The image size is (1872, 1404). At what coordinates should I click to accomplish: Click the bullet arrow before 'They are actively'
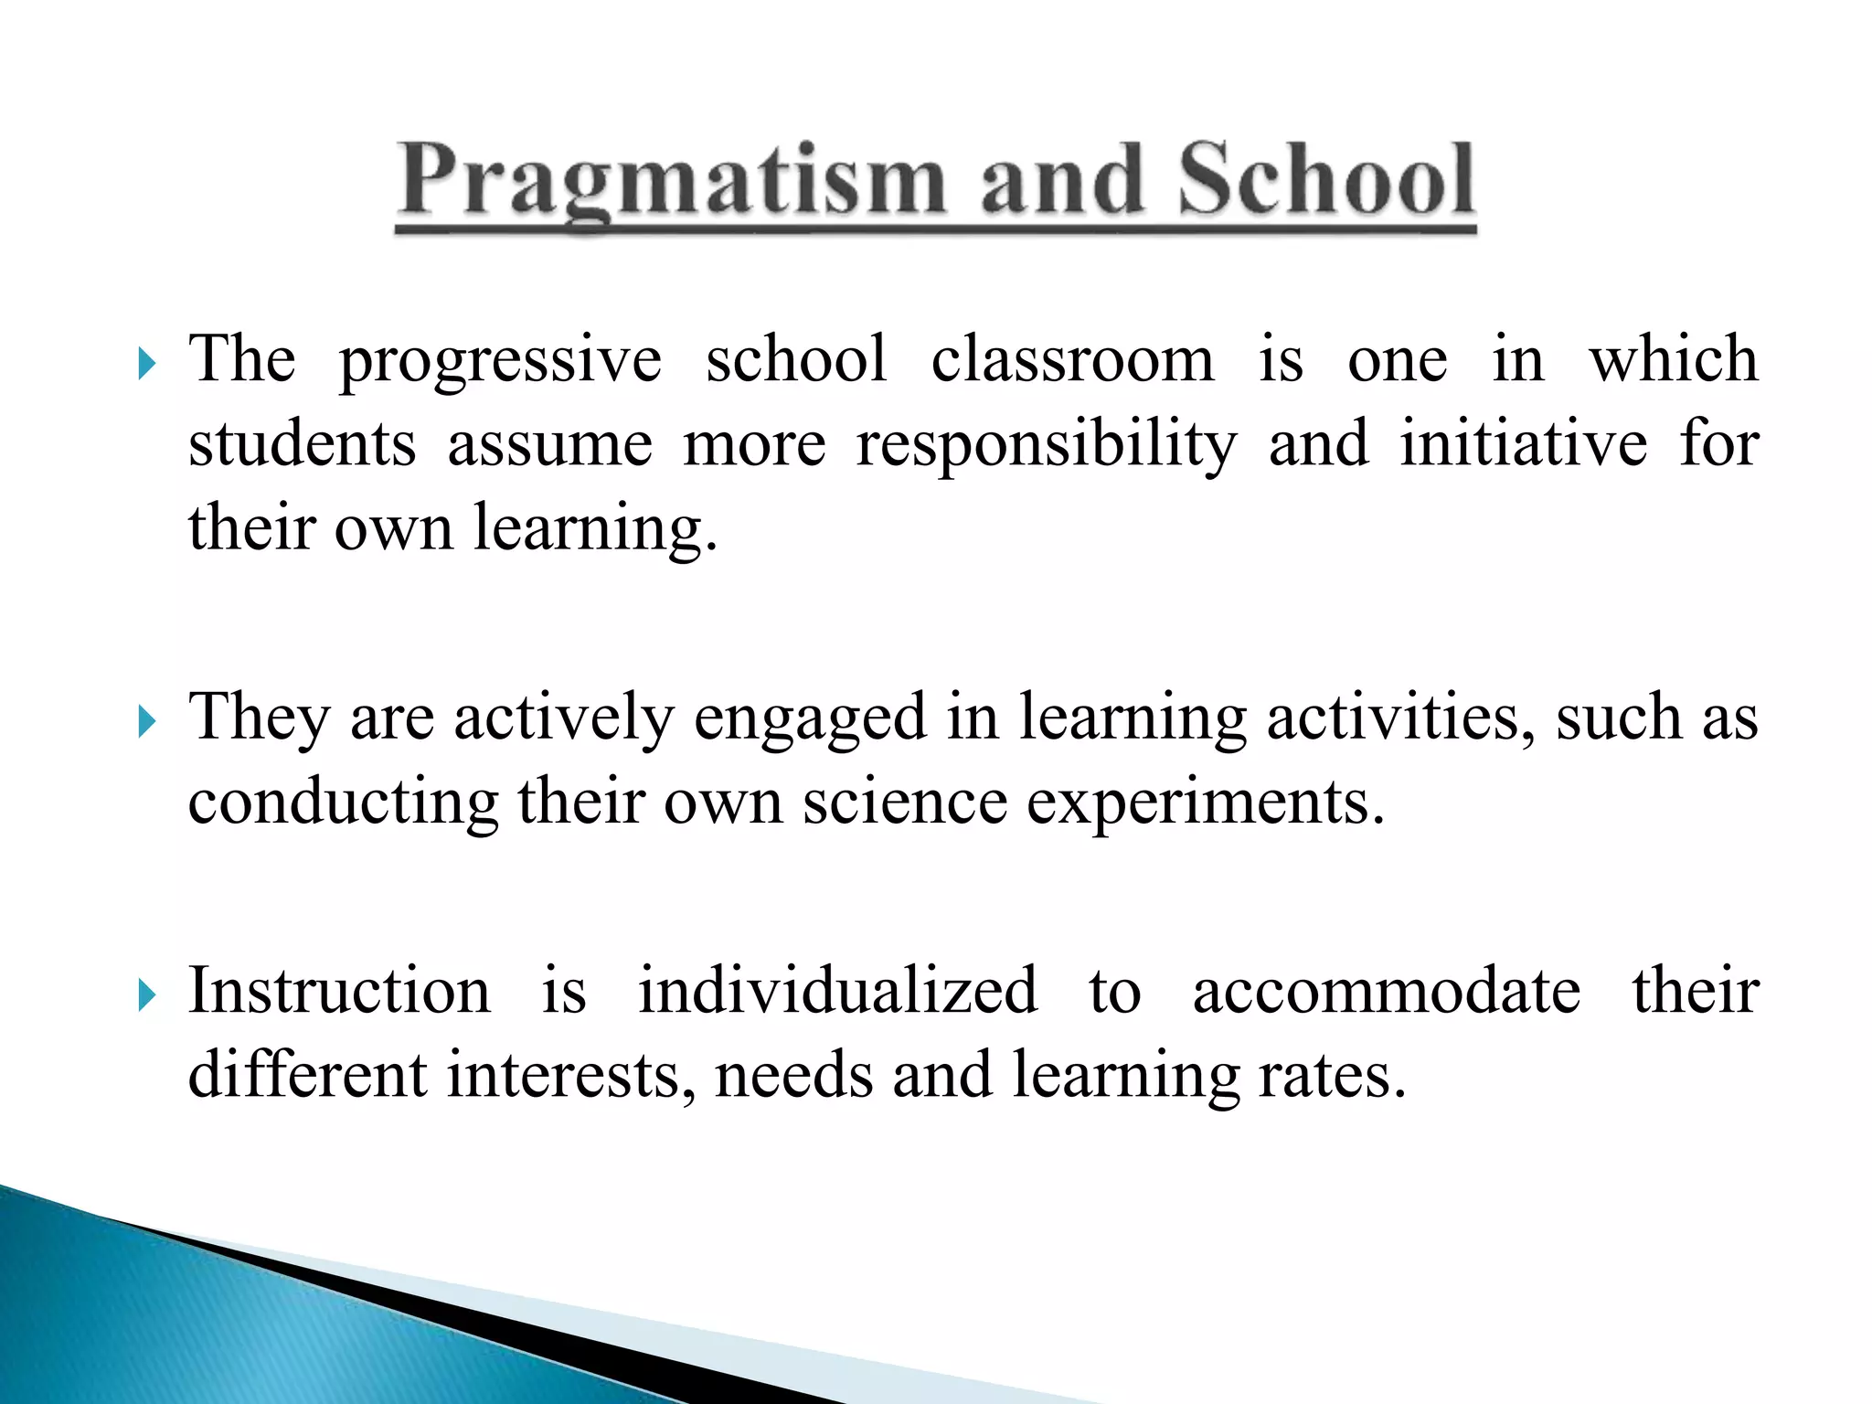[147, 722]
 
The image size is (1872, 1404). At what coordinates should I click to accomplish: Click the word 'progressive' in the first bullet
[500, 361]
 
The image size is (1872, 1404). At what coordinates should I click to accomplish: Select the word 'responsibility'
[1046, 446]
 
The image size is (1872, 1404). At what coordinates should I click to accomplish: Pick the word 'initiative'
[1524, 444]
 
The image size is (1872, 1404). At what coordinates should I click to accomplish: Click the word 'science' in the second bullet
[904, 803]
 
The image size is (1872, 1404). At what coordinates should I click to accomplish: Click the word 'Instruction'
[339, 991]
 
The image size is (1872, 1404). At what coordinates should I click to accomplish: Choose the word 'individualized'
[837, 991]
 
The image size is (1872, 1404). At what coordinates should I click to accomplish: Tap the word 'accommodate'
[1386, 993]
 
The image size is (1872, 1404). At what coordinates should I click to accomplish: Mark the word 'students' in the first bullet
[302, 444]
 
